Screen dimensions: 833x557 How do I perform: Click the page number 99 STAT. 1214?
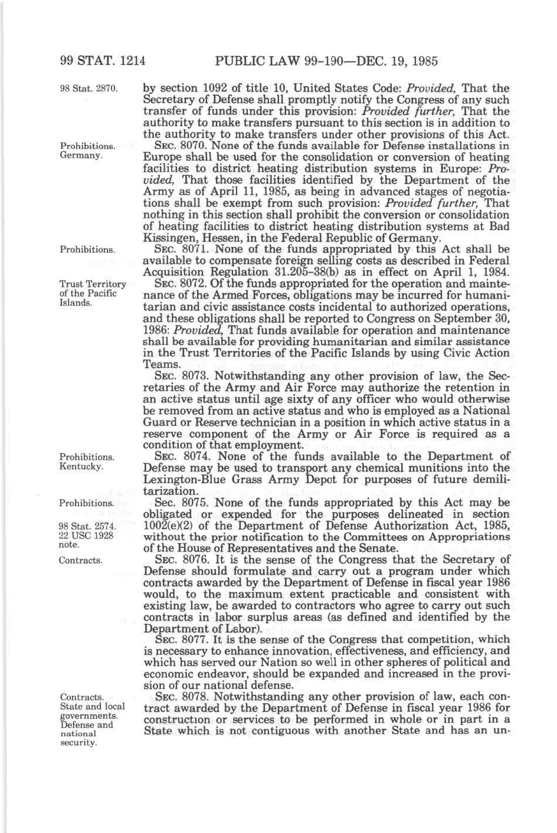tap(102, 60)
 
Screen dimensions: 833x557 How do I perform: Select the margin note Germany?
tap(81, 156)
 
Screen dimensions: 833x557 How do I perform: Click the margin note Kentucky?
tap(82, 467)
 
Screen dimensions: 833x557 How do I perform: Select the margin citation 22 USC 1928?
tap(86, 536)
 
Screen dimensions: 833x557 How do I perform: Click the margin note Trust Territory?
tap(93, 284)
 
